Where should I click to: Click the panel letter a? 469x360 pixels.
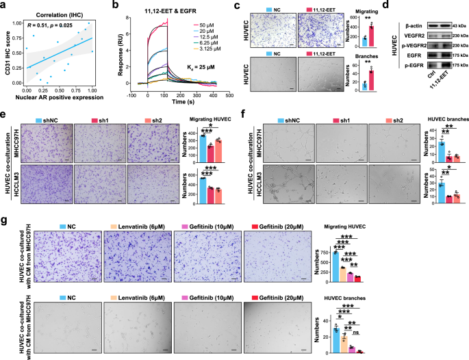pos(4,5)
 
